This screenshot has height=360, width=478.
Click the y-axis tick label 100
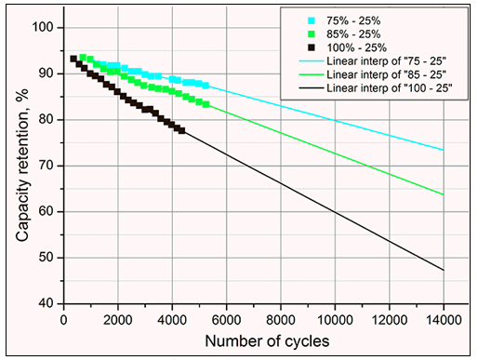click(x=43, y=28)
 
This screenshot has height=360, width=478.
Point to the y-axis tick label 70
click(x=46, y=166)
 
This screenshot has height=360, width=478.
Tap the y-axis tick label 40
click(x=46, y=304)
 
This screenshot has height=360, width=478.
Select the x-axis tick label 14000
click(x=444, y=320)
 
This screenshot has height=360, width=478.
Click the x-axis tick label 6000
click(x=227, y=320)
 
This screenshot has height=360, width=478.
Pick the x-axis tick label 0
click(x=64, y=320)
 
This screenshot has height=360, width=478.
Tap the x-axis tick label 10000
click(x=335, y=320)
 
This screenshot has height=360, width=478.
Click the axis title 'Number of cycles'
click(x=267, y=341)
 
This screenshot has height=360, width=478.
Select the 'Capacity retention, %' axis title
click(x=22, y=166)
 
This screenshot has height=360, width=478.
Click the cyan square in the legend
click(x=312, y=20)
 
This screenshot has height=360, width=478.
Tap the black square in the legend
click(x=312, y=47)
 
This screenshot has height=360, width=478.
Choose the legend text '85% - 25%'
click(x=353, y=34)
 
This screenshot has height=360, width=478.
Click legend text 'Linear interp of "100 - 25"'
click(x=390, y=88)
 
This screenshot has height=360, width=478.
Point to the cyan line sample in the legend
click(x=312, y=61)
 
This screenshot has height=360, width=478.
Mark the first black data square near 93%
click(x=73, y=59)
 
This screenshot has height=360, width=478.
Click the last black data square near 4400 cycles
click(x=182, y=130)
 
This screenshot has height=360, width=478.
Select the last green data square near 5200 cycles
click(x=206, y=104)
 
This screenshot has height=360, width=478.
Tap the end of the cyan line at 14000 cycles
click(x=444, y=150)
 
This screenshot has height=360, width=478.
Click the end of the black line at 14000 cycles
click(x=444, y=270)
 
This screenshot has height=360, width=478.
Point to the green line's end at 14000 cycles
click(x=444, y=194)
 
